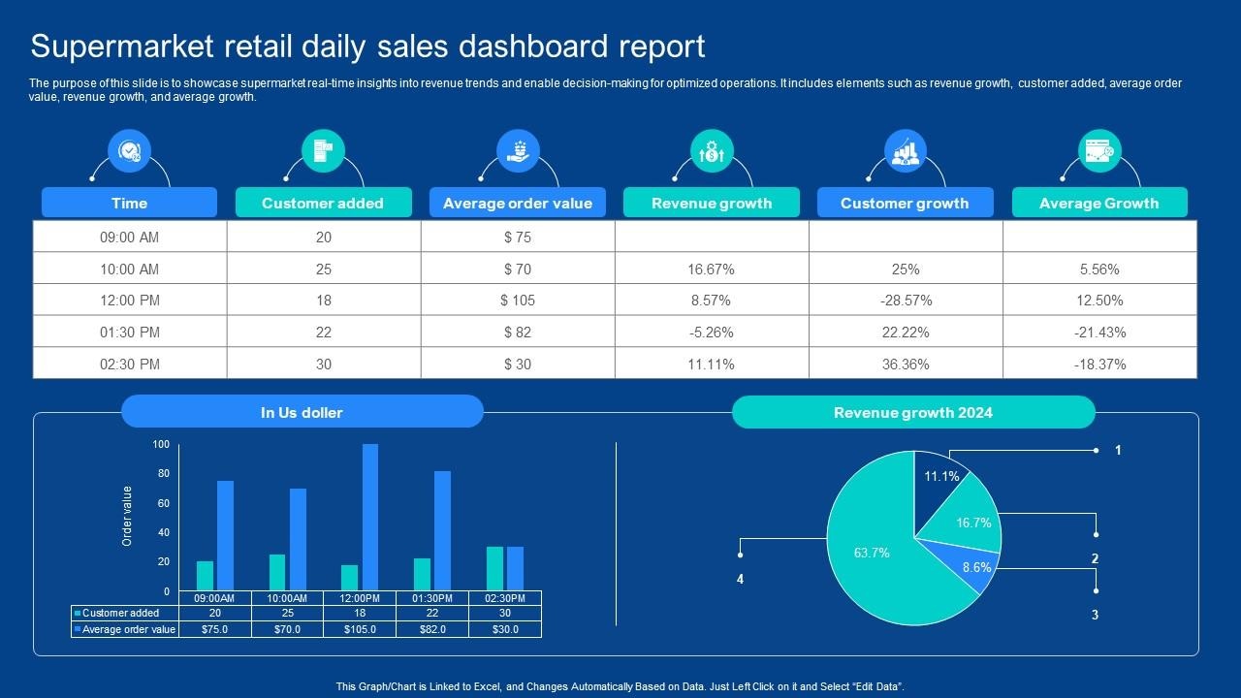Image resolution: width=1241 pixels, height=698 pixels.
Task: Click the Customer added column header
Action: click(x=323, y=203)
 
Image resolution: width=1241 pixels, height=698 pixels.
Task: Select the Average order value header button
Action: click(x=517, y=203)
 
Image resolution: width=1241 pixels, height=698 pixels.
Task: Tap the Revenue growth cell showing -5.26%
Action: click(x=712, y=332)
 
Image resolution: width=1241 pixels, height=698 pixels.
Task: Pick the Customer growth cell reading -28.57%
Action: click(x=906, y=301)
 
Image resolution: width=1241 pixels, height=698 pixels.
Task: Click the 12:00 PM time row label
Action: click(x=129, y=301)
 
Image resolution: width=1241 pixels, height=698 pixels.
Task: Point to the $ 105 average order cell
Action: click(x=518, y=301)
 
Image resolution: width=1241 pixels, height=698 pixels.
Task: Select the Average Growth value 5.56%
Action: click(x=1099, y=269)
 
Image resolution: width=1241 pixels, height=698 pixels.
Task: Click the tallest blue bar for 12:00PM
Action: click(x=369, y=518)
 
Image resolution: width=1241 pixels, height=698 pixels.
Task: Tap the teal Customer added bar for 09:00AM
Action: click(x=205, y=576)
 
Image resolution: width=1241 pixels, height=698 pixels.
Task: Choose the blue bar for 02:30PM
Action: click(x=515, y=569)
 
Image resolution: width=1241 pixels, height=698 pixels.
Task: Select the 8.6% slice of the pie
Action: click(x=972, y=564)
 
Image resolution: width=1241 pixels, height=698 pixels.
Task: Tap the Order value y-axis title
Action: click(x=127, y=517)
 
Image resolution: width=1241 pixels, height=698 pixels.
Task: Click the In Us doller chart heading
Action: click(x=302, y=412)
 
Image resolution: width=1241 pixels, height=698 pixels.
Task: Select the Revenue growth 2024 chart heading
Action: click(x=912, y=413)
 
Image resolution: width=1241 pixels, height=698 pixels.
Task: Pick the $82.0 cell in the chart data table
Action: click(x=431, y=629)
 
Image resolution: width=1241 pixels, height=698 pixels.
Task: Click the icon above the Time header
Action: click(x=129, y=150)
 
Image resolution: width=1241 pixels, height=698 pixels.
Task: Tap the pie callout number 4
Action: click(x=740, y=580)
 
